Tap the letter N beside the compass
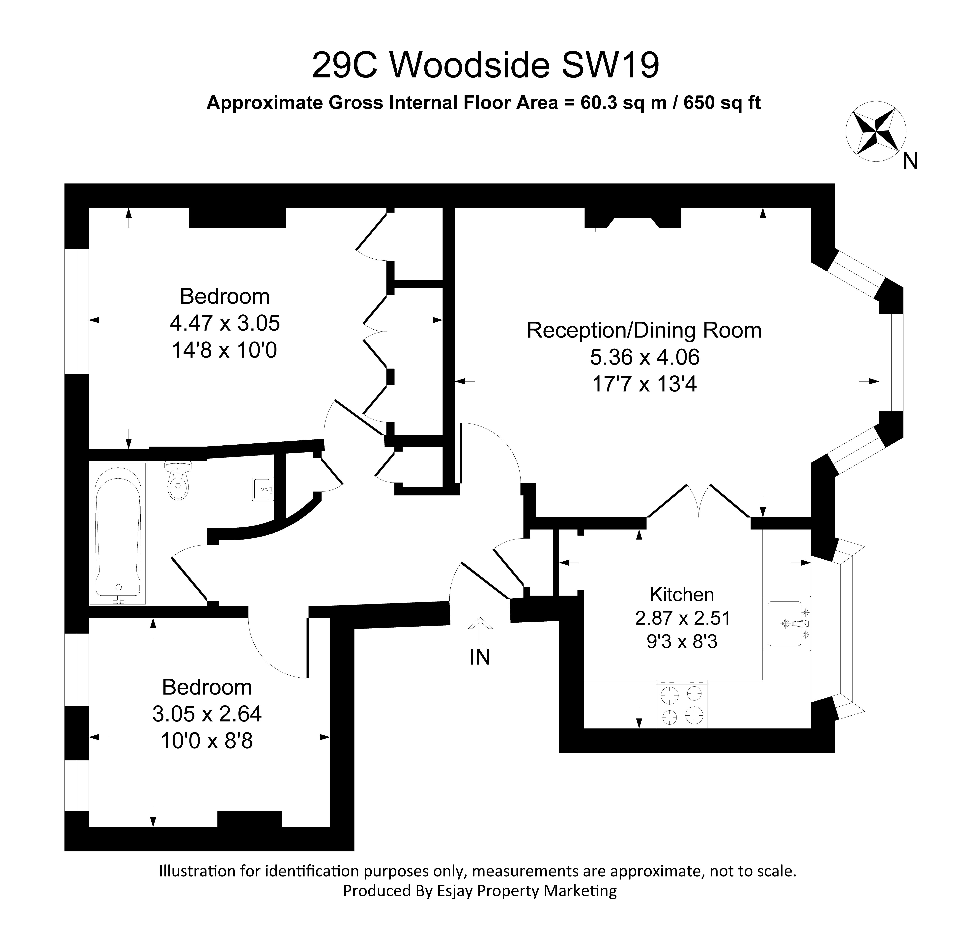[x=910, y=161]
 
